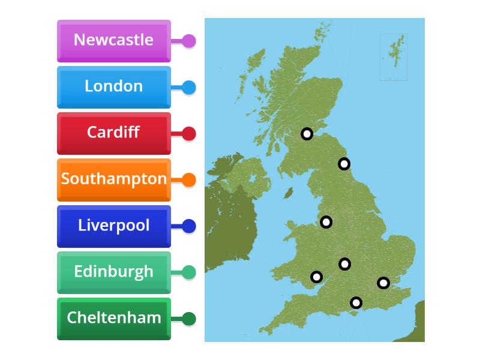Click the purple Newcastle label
tap(113, 41)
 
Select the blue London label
tap(113, 87)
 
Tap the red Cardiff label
tap(113, 133)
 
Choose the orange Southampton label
tap(113, 179)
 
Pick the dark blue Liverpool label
tap(113, 226)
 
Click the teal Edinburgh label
tap(113, 272)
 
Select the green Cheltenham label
tap(113, 319)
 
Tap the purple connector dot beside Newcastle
tap(188, 41)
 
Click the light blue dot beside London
tap(188, 88)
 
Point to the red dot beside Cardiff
tap(188, 134)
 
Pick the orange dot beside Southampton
tap(188, 180)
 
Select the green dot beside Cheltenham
tap(188, 319)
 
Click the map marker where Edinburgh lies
tap(307, 134)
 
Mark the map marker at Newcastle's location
tap(344, 163)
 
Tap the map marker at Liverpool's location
tap(326, 222)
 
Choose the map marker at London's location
tap(383, 283)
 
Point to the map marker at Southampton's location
tap(356, 302)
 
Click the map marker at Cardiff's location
tap(316, 277)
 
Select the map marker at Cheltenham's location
tap(344, 263)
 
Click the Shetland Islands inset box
tap(394, 57)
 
